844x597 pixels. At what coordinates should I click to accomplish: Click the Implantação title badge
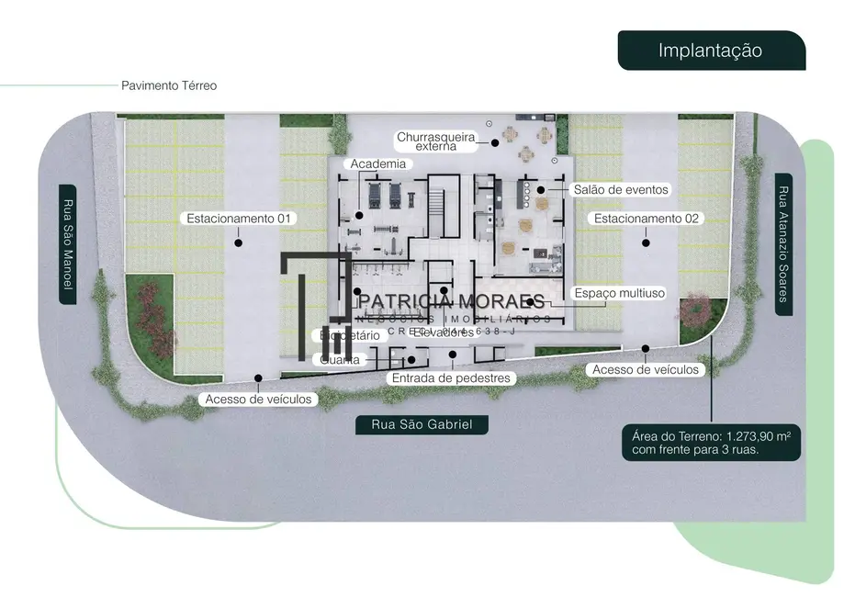click(x=710, y=50)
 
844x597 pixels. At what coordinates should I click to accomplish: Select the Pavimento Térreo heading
click(x=169, y=85)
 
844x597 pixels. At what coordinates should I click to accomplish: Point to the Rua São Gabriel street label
click(x=422, y=424)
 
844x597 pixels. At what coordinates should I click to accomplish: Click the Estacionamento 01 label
click(x=239, y=219)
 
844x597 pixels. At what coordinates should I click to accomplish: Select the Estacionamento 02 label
click(x=647, y=219)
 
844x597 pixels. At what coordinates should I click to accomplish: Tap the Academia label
click(x=378, y=163)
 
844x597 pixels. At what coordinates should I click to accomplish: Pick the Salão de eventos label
click(x=620, y=189)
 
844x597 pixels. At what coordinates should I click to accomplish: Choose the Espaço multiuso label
click(x=618, y=293)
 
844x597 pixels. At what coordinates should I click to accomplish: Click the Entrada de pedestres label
click(x=450, y=378)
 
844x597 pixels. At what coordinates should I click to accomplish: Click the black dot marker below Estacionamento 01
click(x=239, y=243)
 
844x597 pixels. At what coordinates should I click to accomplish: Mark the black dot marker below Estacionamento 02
click(x=647, y=243)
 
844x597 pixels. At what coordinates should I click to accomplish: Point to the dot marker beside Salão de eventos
click(x=541, y=190)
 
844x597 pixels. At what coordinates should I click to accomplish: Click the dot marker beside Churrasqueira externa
click(x=494, y=141)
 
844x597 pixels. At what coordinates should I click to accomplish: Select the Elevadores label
click(x=444, y=332)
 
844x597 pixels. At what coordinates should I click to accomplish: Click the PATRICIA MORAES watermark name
click(x=452, y=301)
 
